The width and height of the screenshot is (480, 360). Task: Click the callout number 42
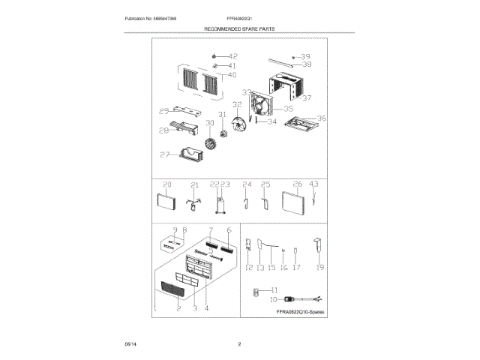click(232, 56)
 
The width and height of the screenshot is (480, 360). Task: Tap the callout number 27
click(164, 155)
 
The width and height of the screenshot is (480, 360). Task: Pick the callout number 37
click(305, 98)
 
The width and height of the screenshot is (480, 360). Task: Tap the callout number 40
click(232, 75)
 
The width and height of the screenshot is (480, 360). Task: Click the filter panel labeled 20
click(164, 203)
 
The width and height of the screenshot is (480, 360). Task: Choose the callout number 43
click(314, 184)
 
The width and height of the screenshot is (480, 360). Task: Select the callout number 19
click(319, 267)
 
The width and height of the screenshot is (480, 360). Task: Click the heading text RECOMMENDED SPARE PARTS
click(240, 28)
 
